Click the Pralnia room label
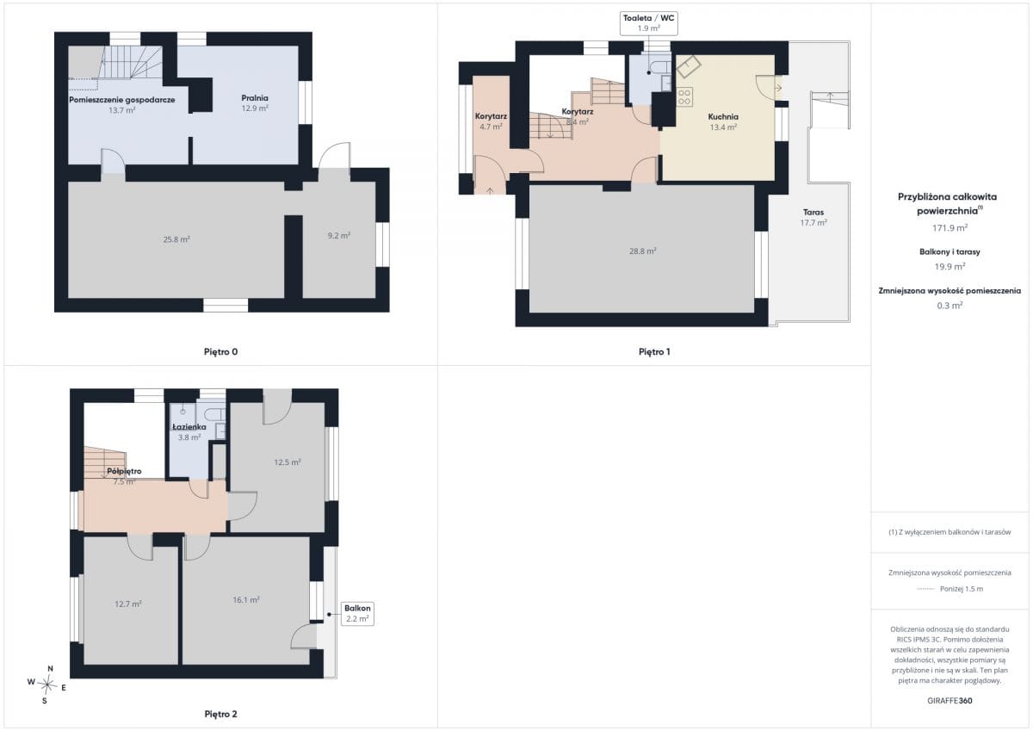point(255,98)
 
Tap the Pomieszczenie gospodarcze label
point(121,100)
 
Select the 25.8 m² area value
point(176,239)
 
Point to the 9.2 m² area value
point(339,236)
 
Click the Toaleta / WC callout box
point(648,23)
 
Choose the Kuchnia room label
point(723,117)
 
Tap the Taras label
point(813,212)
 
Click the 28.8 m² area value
point(643,251)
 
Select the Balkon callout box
point(357,614)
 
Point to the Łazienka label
point(189,427)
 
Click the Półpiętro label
point(124,471)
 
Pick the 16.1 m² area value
point(246,600)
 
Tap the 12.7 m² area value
point(128,604)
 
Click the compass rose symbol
point(47,685)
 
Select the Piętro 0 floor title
point(221,352)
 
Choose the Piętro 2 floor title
point(221,714)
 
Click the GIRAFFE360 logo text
point(949,701)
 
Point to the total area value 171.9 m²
point(949,228)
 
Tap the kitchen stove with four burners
point(684,97)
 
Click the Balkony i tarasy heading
point(949,251)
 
